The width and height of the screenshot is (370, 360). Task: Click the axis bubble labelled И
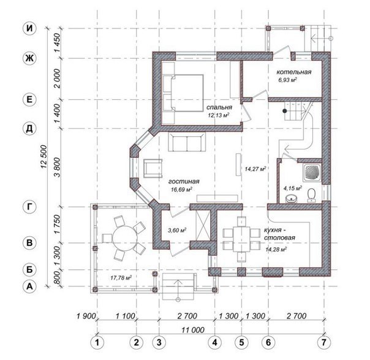[29, 29]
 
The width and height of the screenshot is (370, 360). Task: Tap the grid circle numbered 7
[323, 342]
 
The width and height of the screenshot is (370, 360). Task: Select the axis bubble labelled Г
[29, 207]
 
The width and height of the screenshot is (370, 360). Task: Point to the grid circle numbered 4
[215, 342]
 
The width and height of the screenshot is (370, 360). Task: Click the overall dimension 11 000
[193, 330]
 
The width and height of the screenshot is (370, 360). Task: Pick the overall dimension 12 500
[44, 156]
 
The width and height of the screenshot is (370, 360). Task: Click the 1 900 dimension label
[86, 316]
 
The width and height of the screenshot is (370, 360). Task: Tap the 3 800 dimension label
[58, 167]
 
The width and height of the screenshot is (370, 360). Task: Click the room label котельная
[294, 72]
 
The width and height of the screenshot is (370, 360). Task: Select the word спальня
[219, 107]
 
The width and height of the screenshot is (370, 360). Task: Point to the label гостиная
[184, 181]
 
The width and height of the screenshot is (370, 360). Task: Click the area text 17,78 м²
[121, 278]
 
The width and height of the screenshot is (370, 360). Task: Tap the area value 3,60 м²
[177, 230]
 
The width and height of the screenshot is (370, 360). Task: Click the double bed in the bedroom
[183, 93]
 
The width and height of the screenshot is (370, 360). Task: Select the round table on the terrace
[125, 239]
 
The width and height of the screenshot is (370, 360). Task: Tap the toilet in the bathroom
[312, 195]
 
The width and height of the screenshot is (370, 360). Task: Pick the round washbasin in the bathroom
[291, 199]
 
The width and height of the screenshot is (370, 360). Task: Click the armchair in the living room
[153, 168]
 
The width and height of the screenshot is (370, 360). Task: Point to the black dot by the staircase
[285, 110]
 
